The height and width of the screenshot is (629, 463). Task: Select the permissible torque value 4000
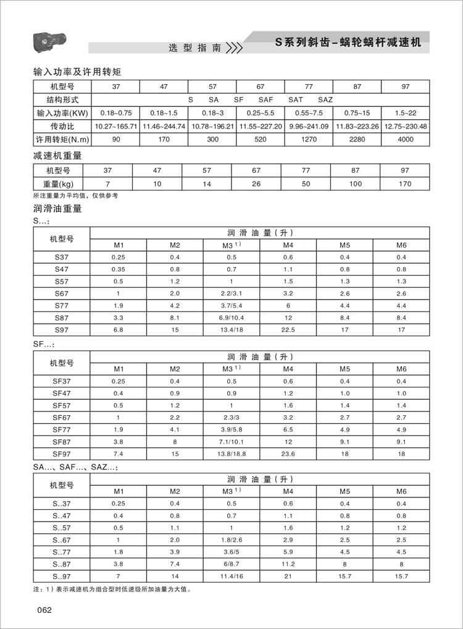tap(405, 140)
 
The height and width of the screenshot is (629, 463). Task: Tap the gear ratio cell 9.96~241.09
tap(309, 126)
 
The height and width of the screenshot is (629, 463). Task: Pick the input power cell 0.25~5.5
tap(261, 113)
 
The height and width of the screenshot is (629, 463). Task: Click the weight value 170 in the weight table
tap(405, 184)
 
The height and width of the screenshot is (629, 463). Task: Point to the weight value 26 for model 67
tap(256, 184)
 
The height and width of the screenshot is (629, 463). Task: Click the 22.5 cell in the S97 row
tap(288, 330)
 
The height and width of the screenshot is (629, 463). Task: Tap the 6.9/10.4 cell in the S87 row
tap(231, 318)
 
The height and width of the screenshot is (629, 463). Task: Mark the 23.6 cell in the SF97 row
tap(288, 454)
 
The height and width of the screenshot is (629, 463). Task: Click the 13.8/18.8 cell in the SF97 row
tap(231, 454)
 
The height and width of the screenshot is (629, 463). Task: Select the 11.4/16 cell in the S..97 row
tap(231, 576)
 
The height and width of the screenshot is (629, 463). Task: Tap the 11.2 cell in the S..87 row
tap(288, 564)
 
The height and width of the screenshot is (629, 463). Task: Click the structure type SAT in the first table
tap(295, 99)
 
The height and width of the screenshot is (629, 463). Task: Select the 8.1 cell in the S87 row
tap(175, 318)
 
